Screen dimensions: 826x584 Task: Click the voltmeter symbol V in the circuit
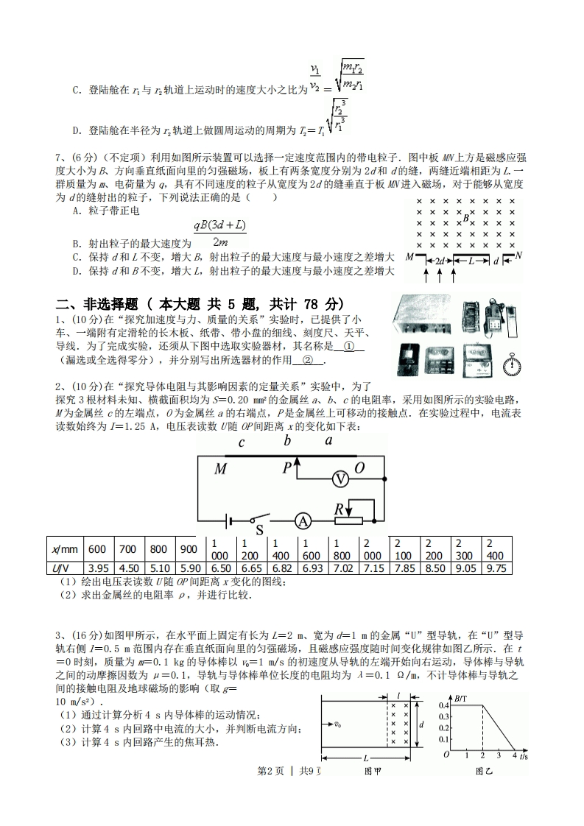tap(340, 479)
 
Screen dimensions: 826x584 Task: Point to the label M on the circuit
tap(220, 469)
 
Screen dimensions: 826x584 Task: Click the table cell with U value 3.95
tap(98, 568)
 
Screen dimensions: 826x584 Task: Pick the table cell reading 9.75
tap(496, 568)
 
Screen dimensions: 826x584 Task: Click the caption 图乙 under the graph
tap(483, 771)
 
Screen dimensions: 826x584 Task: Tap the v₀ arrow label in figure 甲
tap(338, 724)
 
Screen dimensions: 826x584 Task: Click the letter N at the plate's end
tap(518, 255)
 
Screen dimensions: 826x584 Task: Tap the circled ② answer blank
tap(308, 360)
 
